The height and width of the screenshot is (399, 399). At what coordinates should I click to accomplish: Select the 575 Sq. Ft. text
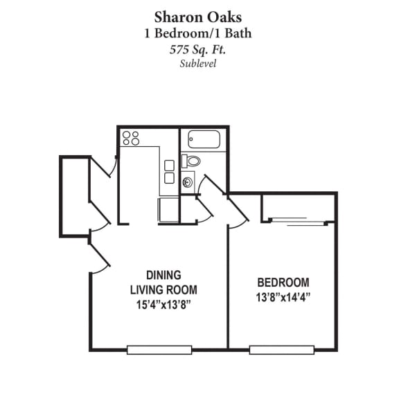point(199,49)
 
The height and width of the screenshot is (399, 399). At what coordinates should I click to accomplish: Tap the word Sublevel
point(199,64)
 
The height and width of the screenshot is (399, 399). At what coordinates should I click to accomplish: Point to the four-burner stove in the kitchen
point(131,138)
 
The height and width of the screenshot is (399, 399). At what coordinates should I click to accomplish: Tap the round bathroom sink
point(188,184)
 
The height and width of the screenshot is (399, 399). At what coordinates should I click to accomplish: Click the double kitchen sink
point(169,172)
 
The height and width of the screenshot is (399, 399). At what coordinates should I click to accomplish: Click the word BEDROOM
point(283,283)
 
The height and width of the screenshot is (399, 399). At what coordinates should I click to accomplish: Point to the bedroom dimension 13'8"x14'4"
point(283,297)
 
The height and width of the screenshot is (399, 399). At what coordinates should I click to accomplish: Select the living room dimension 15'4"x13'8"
point(163,304)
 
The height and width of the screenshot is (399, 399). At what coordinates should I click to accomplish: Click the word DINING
point(163,274)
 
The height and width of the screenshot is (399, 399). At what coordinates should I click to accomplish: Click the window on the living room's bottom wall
point(159,350)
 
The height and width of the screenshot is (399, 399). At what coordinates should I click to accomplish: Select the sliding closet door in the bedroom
point(296,222)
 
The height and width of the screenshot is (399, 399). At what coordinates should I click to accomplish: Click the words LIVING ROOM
point(163,290)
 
